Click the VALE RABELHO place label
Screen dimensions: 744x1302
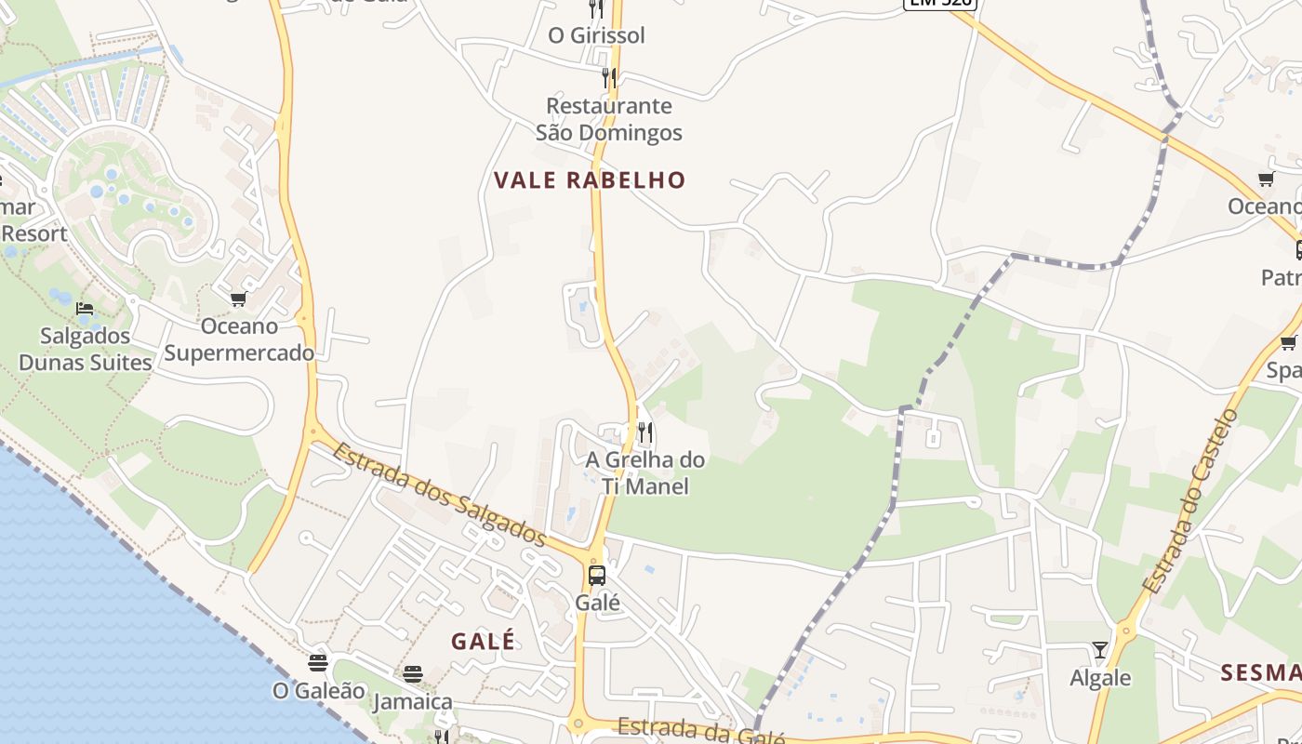[590, 180]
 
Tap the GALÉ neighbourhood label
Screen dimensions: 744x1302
[483, 641]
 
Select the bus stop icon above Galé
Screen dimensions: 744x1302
[597, 575]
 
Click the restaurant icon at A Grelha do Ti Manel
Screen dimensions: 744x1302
[645, 432]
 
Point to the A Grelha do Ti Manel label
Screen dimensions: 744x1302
[645, 472]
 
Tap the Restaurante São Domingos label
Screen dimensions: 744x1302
[609, 119]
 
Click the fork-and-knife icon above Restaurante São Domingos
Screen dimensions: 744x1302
[608, 77]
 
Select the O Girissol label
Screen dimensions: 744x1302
[596, 35]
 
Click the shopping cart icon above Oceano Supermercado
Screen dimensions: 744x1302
[239, 299]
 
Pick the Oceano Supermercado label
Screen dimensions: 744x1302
[239, 339]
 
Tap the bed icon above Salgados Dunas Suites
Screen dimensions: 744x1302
[85, 308]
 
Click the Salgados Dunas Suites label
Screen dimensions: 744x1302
[86, 349]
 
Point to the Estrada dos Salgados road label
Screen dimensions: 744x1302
[439, 494]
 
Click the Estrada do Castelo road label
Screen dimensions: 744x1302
[1189, 502]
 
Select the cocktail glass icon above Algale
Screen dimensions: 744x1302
[1100, 649]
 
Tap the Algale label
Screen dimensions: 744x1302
[1100, 677]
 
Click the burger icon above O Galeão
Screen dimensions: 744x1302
[318, 663]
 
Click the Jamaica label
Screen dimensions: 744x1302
[413, 701]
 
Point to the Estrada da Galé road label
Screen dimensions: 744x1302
[701, 731]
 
